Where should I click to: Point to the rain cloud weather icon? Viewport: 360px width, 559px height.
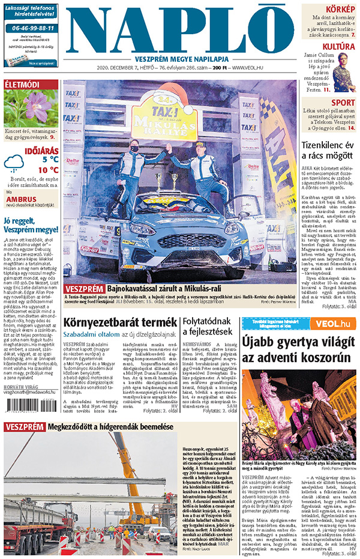coord(14,163)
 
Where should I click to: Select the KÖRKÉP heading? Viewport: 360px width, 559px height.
coord(340,9)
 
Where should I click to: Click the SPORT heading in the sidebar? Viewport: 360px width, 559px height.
coord(343,103)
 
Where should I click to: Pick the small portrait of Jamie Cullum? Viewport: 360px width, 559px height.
coord(344,71)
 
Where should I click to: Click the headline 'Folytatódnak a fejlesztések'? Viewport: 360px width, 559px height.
coord(209,327)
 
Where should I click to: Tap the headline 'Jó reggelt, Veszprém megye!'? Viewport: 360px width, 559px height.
coord(31,225)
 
